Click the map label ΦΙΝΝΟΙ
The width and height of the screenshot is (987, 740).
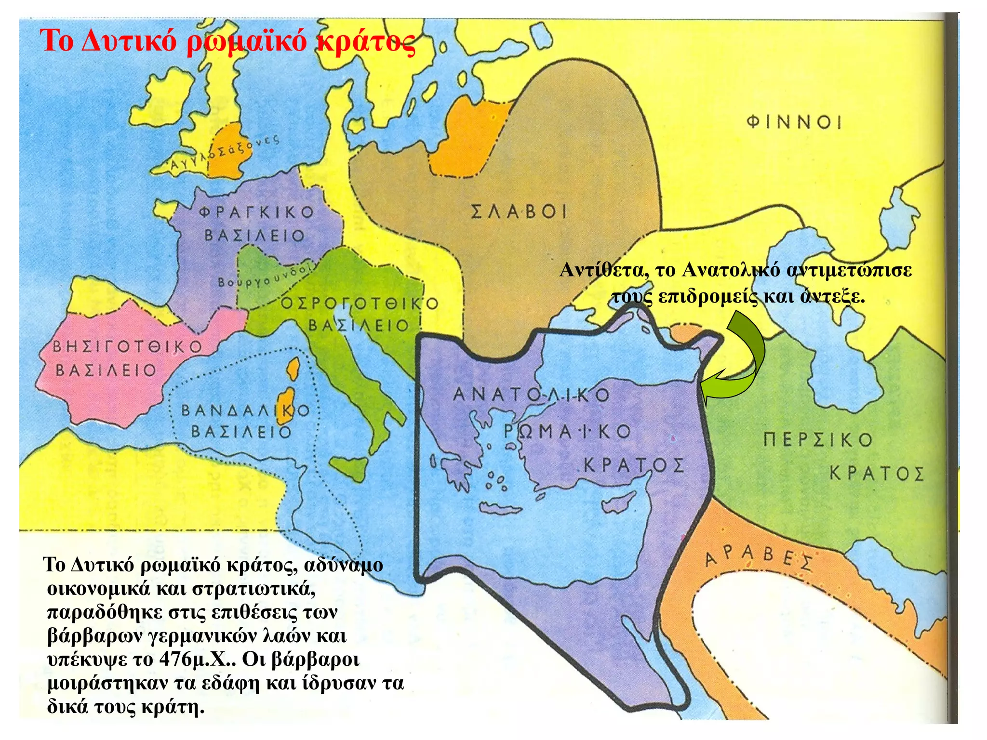point(794,122)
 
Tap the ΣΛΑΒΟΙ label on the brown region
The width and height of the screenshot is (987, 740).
point(519,211)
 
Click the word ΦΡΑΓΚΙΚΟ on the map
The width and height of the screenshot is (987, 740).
point(256,212)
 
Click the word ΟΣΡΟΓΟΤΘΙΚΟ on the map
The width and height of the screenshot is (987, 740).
point(360,304)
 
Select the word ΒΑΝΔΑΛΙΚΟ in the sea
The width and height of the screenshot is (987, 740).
point(245,411)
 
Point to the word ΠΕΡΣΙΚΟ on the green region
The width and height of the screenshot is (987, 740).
point(818,440)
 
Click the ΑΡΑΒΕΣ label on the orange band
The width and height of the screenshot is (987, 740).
point(759,558)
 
